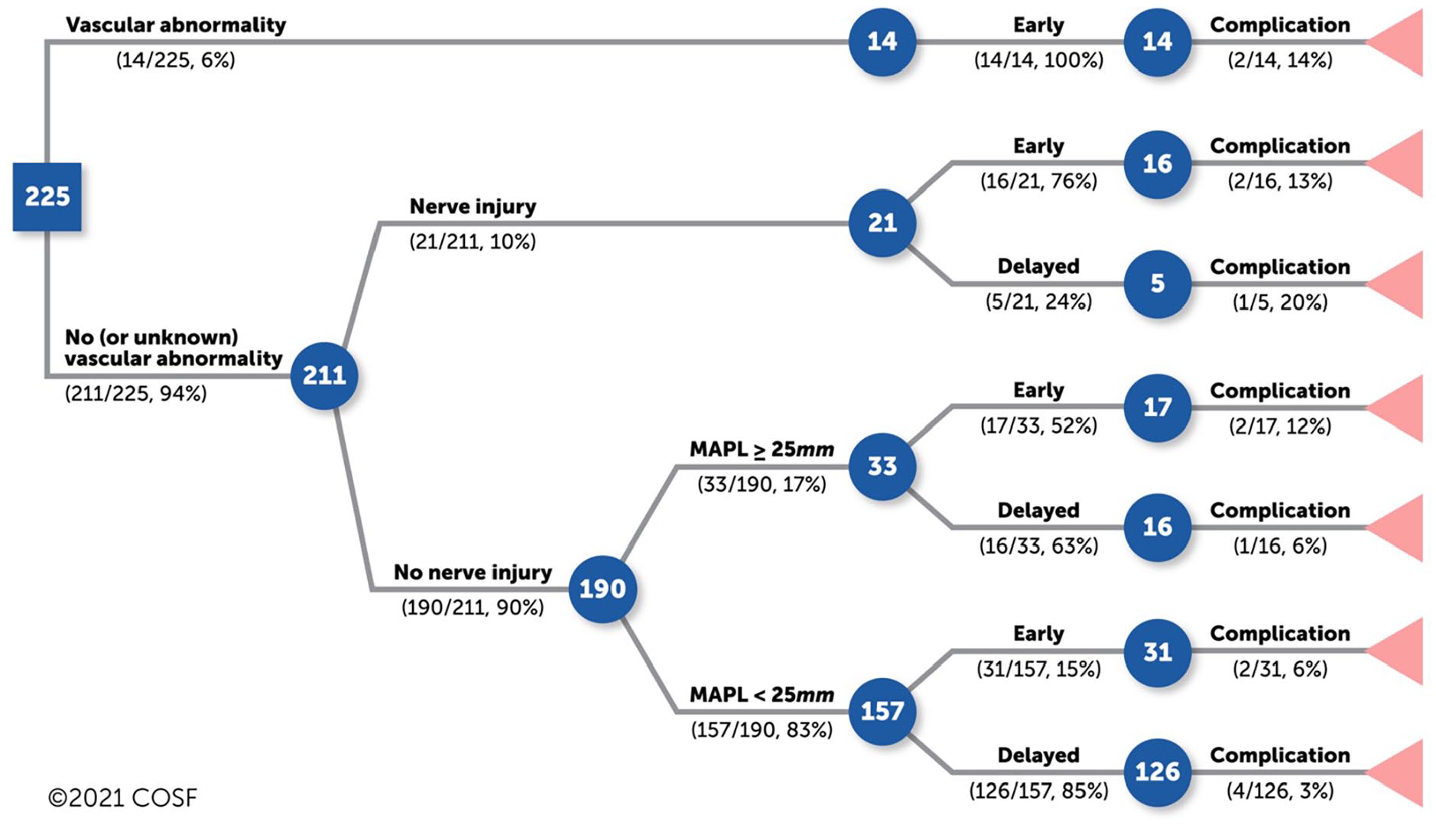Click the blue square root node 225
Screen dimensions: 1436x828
[47, 196]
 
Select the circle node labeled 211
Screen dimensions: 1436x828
[324, 375]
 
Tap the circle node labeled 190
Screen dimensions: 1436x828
[603, 589]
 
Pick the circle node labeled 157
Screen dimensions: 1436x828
[882, 711]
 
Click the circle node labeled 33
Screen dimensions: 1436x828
[882, 466]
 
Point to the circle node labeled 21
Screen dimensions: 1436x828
[882, 222]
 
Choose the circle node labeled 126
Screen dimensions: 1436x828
[1158, 772]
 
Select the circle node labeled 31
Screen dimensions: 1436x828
[1158, 651]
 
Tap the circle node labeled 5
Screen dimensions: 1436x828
[1158, 284]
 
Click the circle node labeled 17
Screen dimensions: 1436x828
[1158, 407]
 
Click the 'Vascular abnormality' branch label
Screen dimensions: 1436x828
[176, 25]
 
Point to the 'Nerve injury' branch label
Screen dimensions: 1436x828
[473, 206]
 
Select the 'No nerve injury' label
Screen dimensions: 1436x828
[473, 573]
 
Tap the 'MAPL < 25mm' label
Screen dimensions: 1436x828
[762, 695]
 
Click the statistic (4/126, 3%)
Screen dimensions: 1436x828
[1280, 791]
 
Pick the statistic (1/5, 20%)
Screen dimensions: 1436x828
[1280, 302]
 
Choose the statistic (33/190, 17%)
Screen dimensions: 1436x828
[762, 485]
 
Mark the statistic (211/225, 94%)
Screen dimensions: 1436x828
[136, 394]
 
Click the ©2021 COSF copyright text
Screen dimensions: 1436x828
[122, 798]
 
